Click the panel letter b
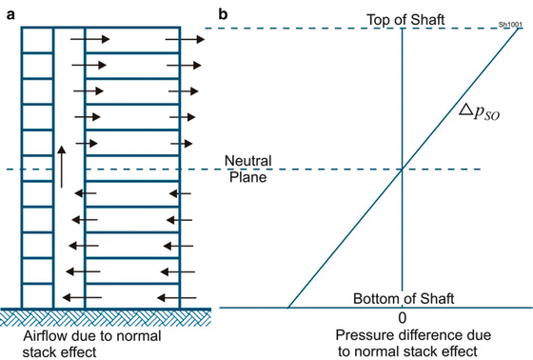pos(223,13)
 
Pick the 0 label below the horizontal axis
pos(403,317)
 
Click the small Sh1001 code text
pos(510,24)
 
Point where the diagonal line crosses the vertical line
pos(403,170)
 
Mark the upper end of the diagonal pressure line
pos(521,29)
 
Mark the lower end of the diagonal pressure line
pos(288,308)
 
